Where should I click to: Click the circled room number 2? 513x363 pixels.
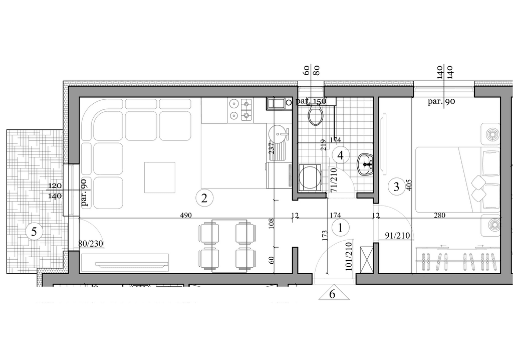pos(204,198)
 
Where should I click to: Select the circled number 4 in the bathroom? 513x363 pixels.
pos(340,155)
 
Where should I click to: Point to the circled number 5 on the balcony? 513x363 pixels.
pos(34,232)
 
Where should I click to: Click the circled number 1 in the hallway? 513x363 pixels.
pos(340,228)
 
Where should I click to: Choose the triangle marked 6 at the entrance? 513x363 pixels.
pos(333,293)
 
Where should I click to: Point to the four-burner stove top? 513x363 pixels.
pos(241,110)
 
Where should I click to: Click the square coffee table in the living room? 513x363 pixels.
pos(160,177)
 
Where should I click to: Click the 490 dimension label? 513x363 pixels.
pos(186,216)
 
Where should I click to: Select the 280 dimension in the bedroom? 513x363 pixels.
pos(439,216)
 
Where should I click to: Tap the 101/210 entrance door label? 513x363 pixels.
pos(349,256)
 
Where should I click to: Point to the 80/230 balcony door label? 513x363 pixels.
pos(91,244)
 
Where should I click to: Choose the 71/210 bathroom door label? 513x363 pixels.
pos(334,179)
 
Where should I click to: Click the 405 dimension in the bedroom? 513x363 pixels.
pos(409,186)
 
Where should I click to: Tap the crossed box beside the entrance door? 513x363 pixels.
pos(366,260)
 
